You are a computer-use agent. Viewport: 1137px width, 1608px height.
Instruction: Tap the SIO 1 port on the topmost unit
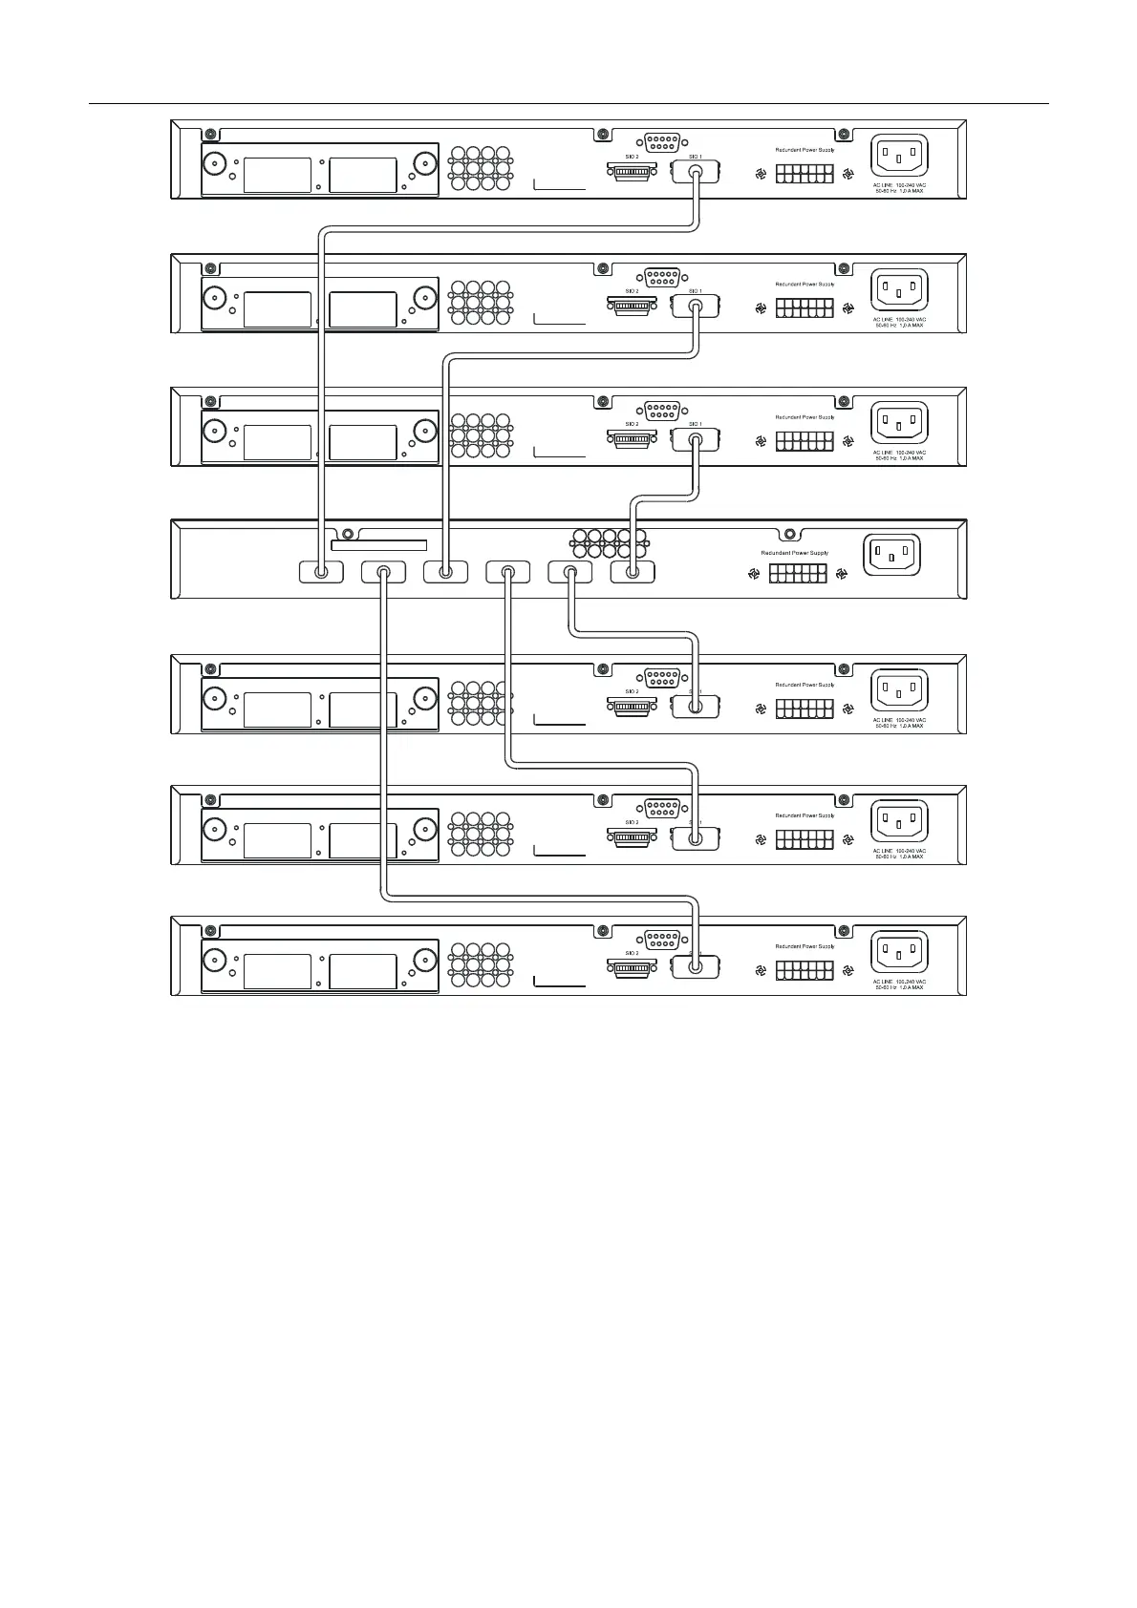tap(695, 173)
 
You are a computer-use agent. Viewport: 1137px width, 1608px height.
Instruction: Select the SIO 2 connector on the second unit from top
tap(632, 307)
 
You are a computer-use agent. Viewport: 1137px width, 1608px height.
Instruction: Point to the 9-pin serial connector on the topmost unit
tap(661, 142)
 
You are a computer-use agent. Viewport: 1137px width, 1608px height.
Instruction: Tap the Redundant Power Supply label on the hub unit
tap(794, 553)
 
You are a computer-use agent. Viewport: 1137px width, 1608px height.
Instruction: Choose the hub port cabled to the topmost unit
tap(321, 573)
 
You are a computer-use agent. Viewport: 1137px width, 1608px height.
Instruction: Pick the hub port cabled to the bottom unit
tap(383, 573)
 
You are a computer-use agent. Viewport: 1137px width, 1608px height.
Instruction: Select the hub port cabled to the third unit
tap(633, 573)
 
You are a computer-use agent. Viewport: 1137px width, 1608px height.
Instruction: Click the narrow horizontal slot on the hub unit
tap(378, 546)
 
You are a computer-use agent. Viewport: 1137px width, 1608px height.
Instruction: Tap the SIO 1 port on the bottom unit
tap(695, 967)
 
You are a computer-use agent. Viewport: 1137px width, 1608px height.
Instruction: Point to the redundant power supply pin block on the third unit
tap(804, 441)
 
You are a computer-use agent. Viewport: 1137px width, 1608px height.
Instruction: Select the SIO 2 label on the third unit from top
tap(632, 424)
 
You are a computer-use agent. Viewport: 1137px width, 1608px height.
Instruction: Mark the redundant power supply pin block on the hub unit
tap(798, 574)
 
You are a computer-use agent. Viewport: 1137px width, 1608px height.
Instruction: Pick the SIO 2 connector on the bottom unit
tap(632, 968)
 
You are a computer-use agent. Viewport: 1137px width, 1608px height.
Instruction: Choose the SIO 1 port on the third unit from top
tap(695, 440)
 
